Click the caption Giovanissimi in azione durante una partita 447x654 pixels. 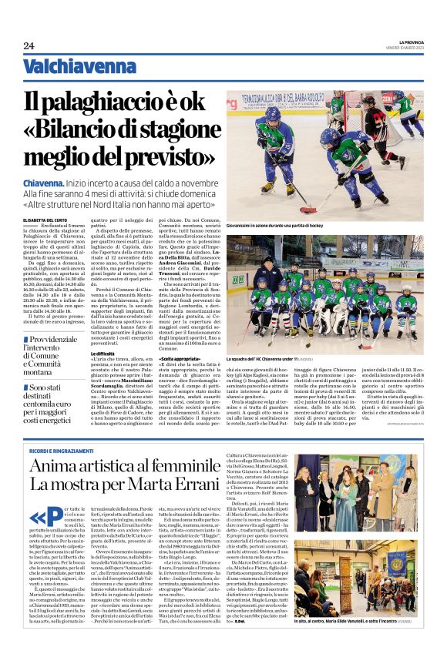pos(277,224)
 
